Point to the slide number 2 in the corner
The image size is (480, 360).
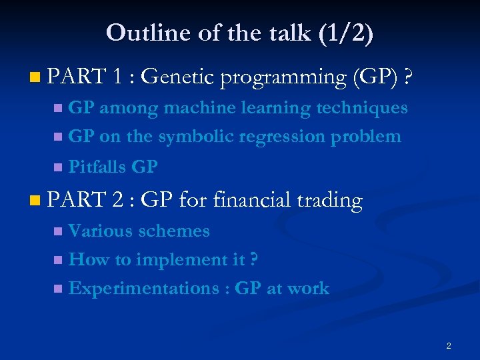pyautogui.click(x=449, y=345)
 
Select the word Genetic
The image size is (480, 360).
pyautogui.click(x=177, y=78)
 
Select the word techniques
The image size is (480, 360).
pyautogui.click(x=364, y=107)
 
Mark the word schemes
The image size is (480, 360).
pyautogui.click(x=174, y=231)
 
